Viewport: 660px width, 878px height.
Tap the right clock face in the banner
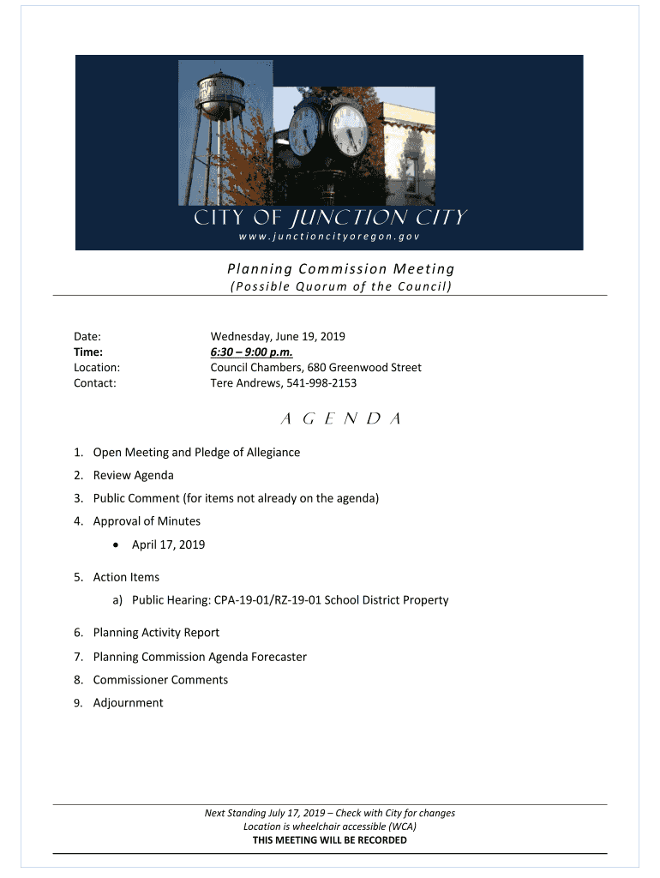coord(349,130)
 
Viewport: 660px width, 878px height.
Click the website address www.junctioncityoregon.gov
coord(329,237)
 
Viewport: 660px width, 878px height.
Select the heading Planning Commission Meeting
coord(334,269)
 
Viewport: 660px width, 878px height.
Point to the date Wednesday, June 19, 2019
coord(278,336)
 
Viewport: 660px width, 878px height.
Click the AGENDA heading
coord(330,419)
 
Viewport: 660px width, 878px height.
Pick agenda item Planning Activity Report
coord(156,633)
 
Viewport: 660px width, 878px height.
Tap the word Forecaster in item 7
coord(276,657)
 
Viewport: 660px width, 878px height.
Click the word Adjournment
coord(128,703)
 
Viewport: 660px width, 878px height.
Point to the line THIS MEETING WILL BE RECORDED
coord(330,840)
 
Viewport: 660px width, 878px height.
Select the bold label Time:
coord(88,352)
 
